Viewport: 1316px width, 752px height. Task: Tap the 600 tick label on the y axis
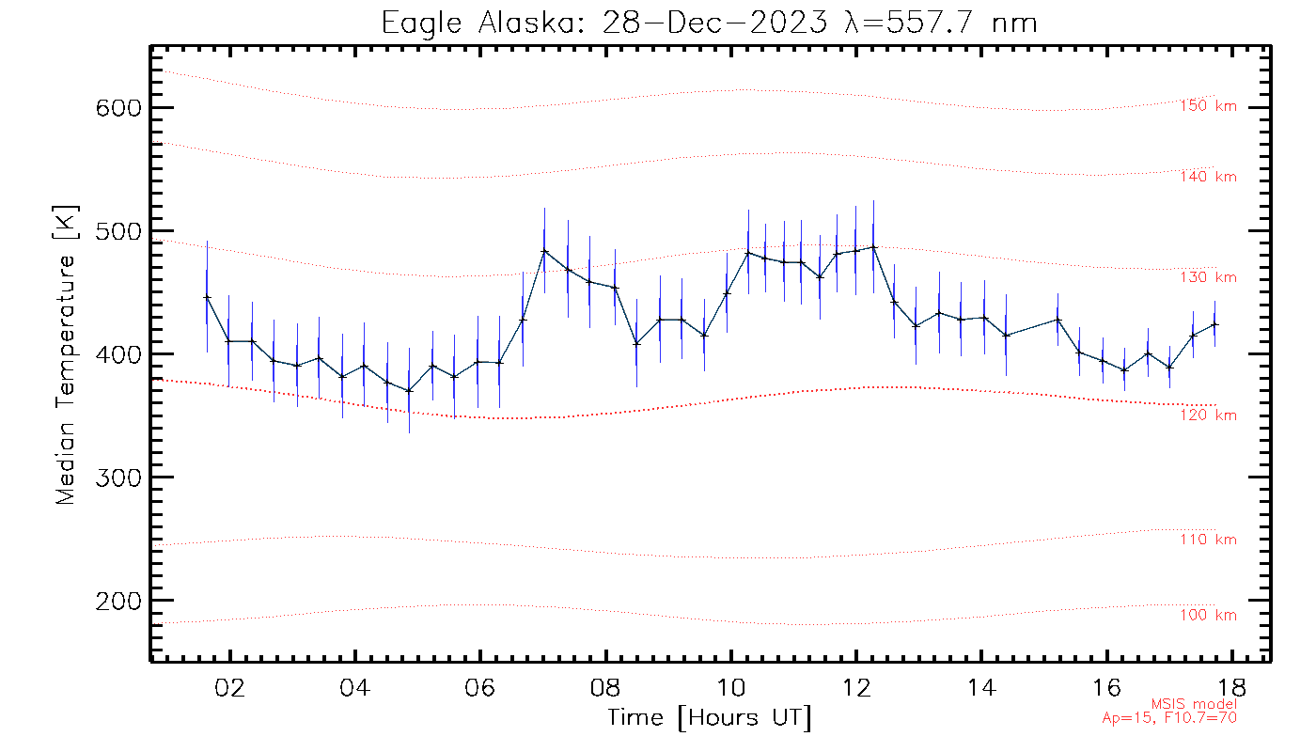pyautogui.click(x=118, y=108)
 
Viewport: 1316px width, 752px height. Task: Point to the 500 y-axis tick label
pyautogui.click(x=118, y=231)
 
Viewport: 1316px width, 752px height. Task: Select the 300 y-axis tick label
pyautogui.click(x=118, y=478)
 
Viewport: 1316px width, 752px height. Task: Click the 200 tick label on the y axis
pyautogui.click(x=118, y=601)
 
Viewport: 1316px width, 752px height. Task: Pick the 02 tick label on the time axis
pyautogui.click(x=229, y=686)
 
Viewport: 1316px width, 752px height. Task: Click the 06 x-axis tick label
pyautogui.click(x=479, y=686)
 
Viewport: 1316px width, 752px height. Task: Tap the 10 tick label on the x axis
pyautogui.click(x=730, y=686)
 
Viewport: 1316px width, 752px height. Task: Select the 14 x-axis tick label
pyautogui.click(x=980, y=686)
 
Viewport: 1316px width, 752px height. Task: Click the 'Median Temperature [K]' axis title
pyautogui.click(x=66, y=355)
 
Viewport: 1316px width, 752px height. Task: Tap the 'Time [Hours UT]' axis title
pyautogui.click(x=710, y=718)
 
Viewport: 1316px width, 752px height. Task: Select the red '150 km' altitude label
pyautogui.click(x=1208, y=106)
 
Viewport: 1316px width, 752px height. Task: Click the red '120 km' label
pyautogui.click(x=1208, y=415)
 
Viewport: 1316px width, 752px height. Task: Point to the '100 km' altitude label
pyautogui.click(x=1208, y=616)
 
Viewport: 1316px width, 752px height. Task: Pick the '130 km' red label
pyautogui.click(x=1208, y=277)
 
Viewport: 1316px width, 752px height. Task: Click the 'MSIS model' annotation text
pyautogui.click(x=1194, y=704)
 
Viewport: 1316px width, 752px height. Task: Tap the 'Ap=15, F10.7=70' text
pyautogui.click(x=1169, y=718)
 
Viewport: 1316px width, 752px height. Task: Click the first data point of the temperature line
pyautogui.click(x=207, y=297)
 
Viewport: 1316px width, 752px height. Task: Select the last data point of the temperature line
pyautogui.click(x=1214, y=324)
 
